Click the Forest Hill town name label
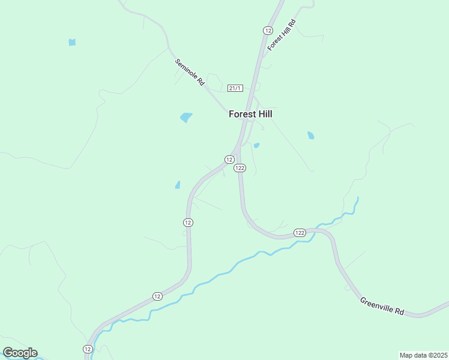click(x=255, y=113)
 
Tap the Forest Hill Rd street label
click(x=282, y=35)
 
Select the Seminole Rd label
click(x=190, y=73)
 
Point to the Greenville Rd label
click(x=382, y=307)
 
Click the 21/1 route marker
click(x=235, y=88)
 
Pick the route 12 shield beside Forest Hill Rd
click(x=268, y=30)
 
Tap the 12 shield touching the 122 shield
click(x=229, y=159)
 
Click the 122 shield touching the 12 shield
click(x=240, y=168)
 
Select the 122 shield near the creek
click(x=300, y=232)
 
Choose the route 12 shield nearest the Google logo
click(x=88, y=349)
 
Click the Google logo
click(x=20, y=352)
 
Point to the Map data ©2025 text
click(x=423, y=355)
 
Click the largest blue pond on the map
click(x=186, y=118)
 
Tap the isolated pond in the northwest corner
click(x=72, y=42)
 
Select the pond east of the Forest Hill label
click(x=310, y=136)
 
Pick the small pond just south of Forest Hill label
click(x=257, y=145)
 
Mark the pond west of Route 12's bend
click(x=178, y=185)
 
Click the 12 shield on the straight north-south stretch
click(x=188, y=222)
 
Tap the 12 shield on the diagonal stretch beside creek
click(x=157, y=296)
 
